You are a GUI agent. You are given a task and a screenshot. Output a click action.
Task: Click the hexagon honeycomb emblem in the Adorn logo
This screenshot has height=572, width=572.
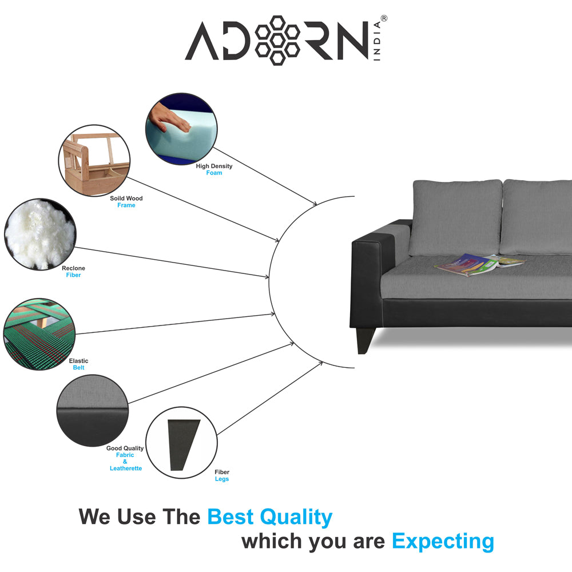coord(277,40)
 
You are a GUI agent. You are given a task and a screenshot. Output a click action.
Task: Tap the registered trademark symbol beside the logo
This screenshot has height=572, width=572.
coord(384,18)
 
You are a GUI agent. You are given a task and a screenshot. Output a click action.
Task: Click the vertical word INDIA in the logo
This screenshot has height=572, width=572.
coord(377,41)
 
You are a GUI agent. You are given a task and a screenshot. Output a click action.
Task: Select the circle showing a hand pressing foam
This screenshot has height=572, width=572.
coord(181,128)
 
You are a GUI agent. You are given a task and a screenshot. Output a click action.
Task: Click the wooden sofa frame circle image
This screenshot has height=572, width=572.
coord(94,161)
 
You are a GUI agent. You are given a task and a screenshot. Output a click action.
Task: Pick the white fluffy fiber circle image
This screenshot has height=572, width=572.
coord(40,234)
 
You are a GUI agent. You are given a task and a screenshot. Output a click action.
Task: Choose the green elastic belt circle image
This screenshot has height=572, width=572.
coord(39,334)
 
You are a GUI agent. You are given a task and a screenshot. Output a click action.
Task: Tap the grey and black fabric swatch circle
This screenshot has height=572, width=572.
coord(93,410)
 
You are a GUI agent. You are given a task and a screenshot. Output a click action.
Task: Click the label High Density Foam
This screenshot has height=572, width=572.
coord(214,169)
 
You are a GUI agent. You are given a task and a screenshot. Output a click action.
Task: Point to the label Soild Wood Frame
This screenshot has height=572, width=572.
coord(126,202)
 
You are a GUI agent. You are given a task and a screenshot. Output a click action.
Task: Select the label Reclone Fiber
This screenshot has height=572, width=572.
coord(73,271)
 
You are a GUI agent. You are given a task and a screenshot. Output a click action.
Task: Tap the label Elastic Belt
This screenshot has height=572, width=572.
coord(78,364)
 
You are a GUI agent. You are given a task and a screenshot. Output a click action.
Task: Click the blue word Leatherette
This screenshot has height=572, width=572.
coord(126,468)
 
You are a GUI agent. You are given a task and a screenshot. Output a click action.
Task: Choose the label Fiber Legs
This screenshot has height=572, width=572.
coord(222,475)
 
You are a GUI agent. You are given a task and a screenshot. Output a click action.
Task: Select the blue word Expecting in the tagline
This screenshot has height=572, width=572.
coord(443,541)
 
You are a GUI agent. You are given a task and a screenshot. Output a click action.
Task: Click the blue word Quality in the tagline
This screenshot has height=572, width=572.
coord(296,517)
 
